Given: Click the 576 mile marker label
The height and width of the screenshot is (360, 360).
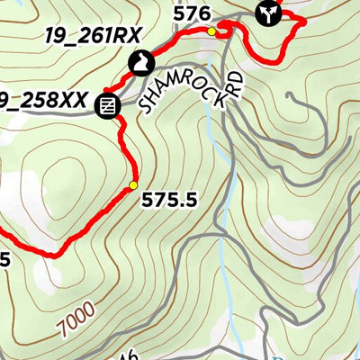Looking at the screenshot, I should (x=193, y=13).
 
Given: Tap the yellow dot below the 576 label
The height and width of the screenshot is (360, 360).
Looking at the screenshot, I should (x=211, y=31).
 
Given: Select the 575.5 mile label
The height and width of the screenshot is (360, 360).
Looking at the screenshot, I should (x=169, y=202).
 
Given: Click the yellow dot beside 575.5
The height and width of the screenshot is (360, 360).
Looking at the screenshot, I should (x=132, y=186).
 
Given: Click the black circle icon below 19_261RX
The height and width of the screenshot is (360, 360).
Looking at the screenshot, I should (x=140, y=63).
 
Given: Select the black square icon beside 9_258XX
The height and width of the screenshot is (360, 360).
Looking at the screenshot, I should (x=108, y=105).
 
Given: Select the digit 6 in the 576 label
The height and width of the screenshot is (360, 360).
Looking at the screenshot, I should (x=205, y=13).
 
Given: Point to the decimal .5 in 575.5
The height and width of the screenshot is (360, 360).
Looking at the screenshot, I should (x=187, y=202).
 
